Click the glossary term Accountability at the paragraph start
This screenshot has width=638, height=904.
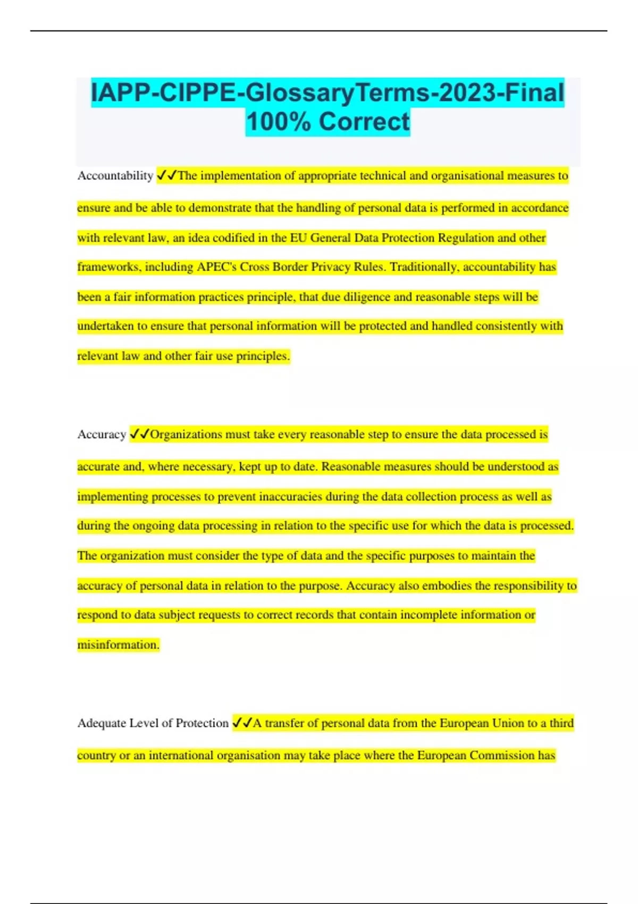[x=115, y=175]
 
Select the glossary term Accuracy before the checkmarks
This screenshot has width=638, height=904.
[x=102, y=434]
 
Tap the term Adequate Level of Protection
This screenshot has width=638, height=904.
[x=153, y=723]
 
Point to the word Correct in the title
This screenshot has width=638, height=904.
[x=364, y=122]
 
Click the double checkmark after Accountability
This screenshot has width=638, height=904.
[x=167, y=175]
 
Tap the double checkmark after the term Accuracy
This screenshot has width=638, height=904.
[x=140, y=434]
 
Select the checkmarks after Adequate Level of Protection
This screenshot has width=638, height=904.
[x=242, y=723]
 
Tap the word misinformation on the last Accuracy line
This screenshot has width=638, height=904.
[x=118, y=645]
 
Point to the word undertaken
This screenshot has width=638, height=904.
[x=105, y=326]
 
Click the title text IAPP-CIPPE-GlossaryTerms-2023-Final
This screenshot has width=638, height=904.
[x=328, y=93]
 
